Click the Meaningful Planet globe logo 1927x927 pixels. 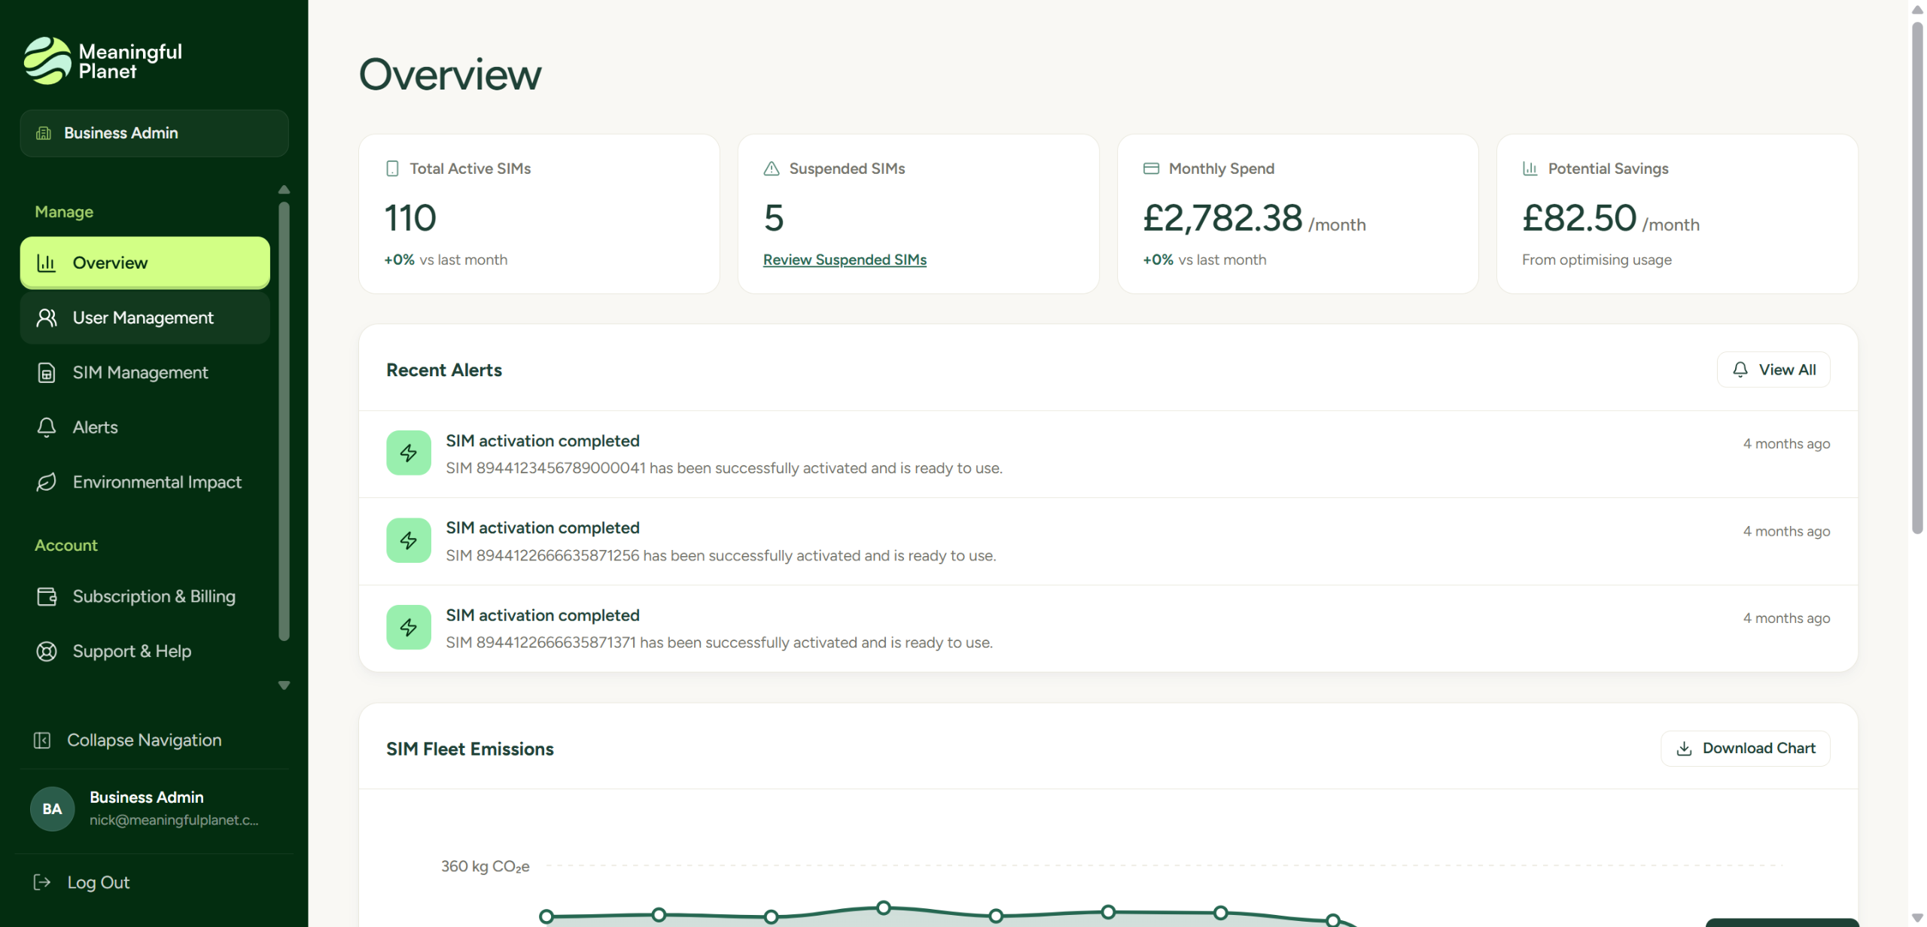tap(47, 61)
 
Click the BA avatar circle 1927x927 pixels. tap(52, 809)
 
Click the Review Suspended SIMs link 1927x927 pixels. tap(845, 260)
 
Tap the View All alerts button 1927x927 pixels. tap(1773, 369)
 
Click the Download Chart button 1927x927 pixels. tap(1746, 749)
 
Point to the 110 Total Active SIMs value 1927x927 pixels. tap(410, 218)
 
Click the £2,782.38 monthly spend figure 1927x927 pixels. tap(1222, 218)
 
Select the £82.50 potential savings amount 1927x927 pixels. tap(1579, 218)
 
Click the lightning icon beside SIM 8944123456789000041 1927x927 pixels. tap(409, 453)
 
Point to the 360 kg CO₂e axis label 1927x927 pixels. tap(486, 867)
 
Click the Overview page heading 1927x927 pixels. tap(450, 74)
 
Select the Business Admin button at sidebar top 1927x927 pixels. tap(154, 133)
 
